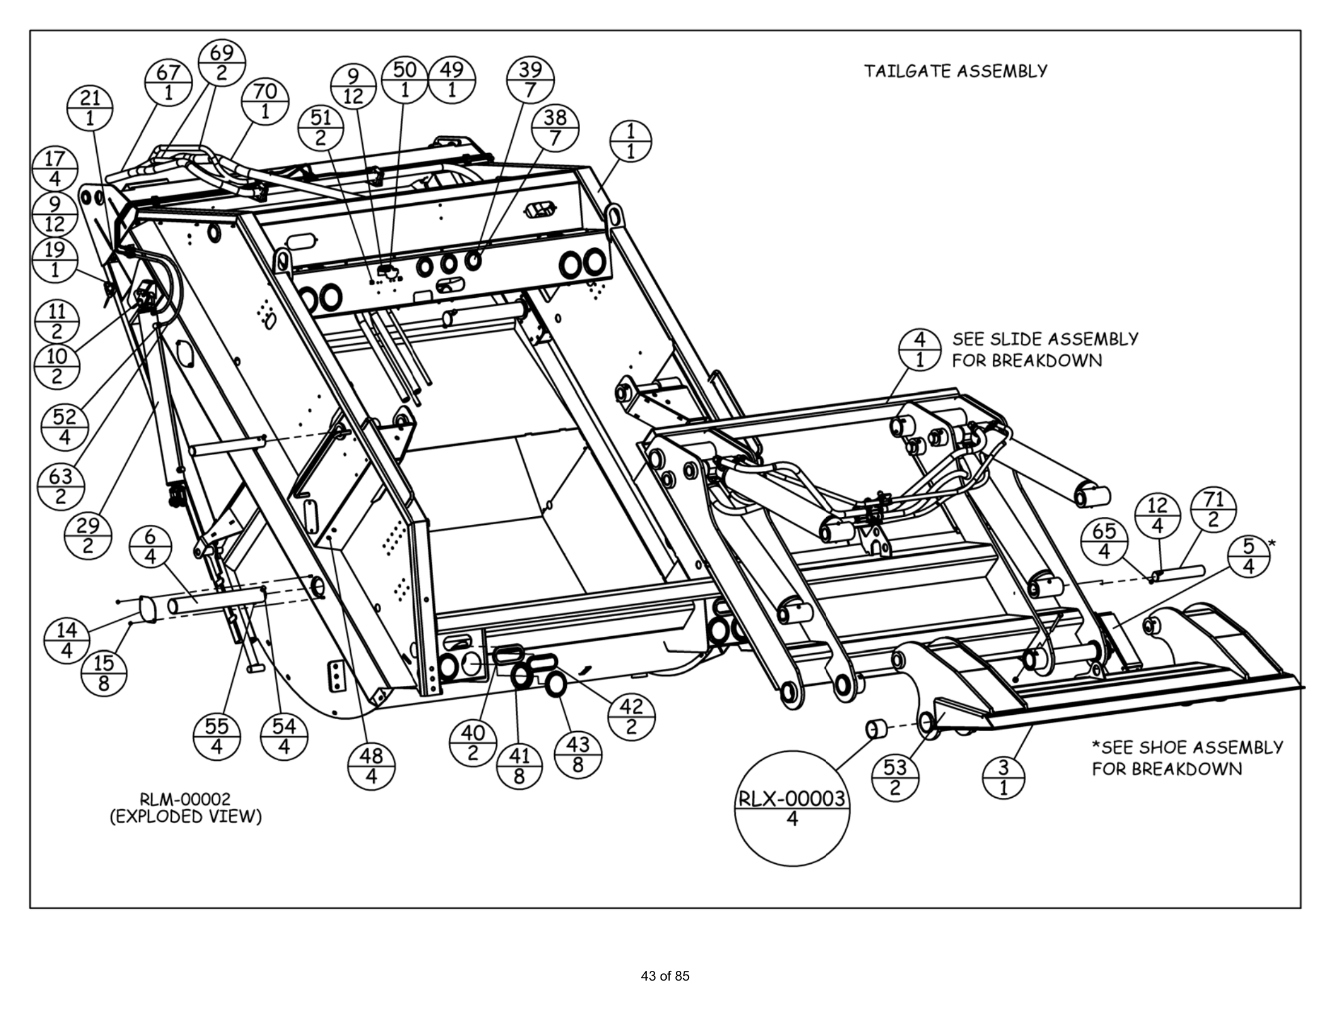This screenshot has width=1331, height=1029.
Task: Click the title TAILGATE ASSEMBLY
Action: (x=955, y=71)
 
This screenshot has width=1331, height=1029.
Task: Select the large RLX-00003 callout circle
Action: (x=792, y=807)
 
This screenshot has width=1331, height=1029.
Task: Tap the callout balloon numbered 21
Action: (x=90, y=108)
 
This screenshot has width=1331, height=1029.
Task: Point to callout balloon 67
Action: (x=168, y=82)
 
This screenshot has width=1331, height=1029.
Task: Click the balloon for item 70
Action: (x=265, y=101)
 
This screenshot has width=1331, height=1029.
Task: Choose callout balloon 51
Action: (x=321, y=127)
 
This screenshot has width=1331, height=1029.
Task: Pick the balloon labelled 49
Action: (x=451, y=80)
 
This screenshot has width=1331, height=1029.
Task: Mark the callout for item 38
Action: (x=555, y=127)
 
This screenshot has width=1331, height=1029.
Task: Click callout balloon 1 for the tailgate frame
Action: (x=630, y=141)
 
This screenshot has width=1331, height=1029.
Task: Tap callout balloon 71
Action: (x=1214, y=510)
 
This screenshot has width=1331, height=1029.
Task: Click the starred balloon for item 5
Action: (x=1249, y=556)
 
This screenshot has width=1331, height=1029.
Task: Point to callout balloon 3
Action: (x=1004, y=777)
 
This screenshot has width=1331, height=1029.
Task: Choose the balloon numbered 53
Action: (x=895, y=777)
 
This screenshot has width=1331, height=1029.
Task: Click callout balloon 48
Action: (x=371, y=766)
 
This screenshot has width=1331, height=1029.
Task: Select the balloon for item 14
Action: (x=67, y=640)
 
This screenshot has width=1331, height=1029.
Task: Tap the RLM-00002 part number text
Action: (x=185, y=798)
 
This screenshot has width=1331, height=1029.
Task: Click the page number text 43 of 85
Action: (x=665, y=976)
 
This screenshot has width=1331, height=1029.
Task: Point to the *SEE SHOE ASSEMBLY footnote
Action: (x=1187, y=748)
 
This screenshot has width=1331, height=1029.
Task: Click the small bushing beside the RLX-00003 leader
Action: (x=877, y=728)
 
